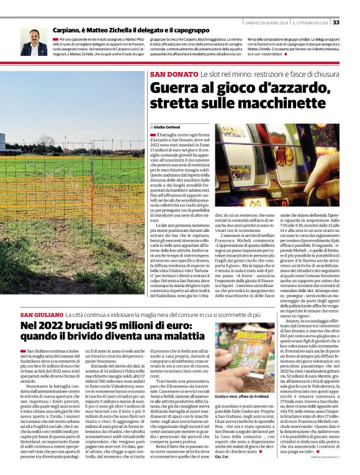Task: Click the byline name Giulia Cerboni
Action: click(x=167, y=127)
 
